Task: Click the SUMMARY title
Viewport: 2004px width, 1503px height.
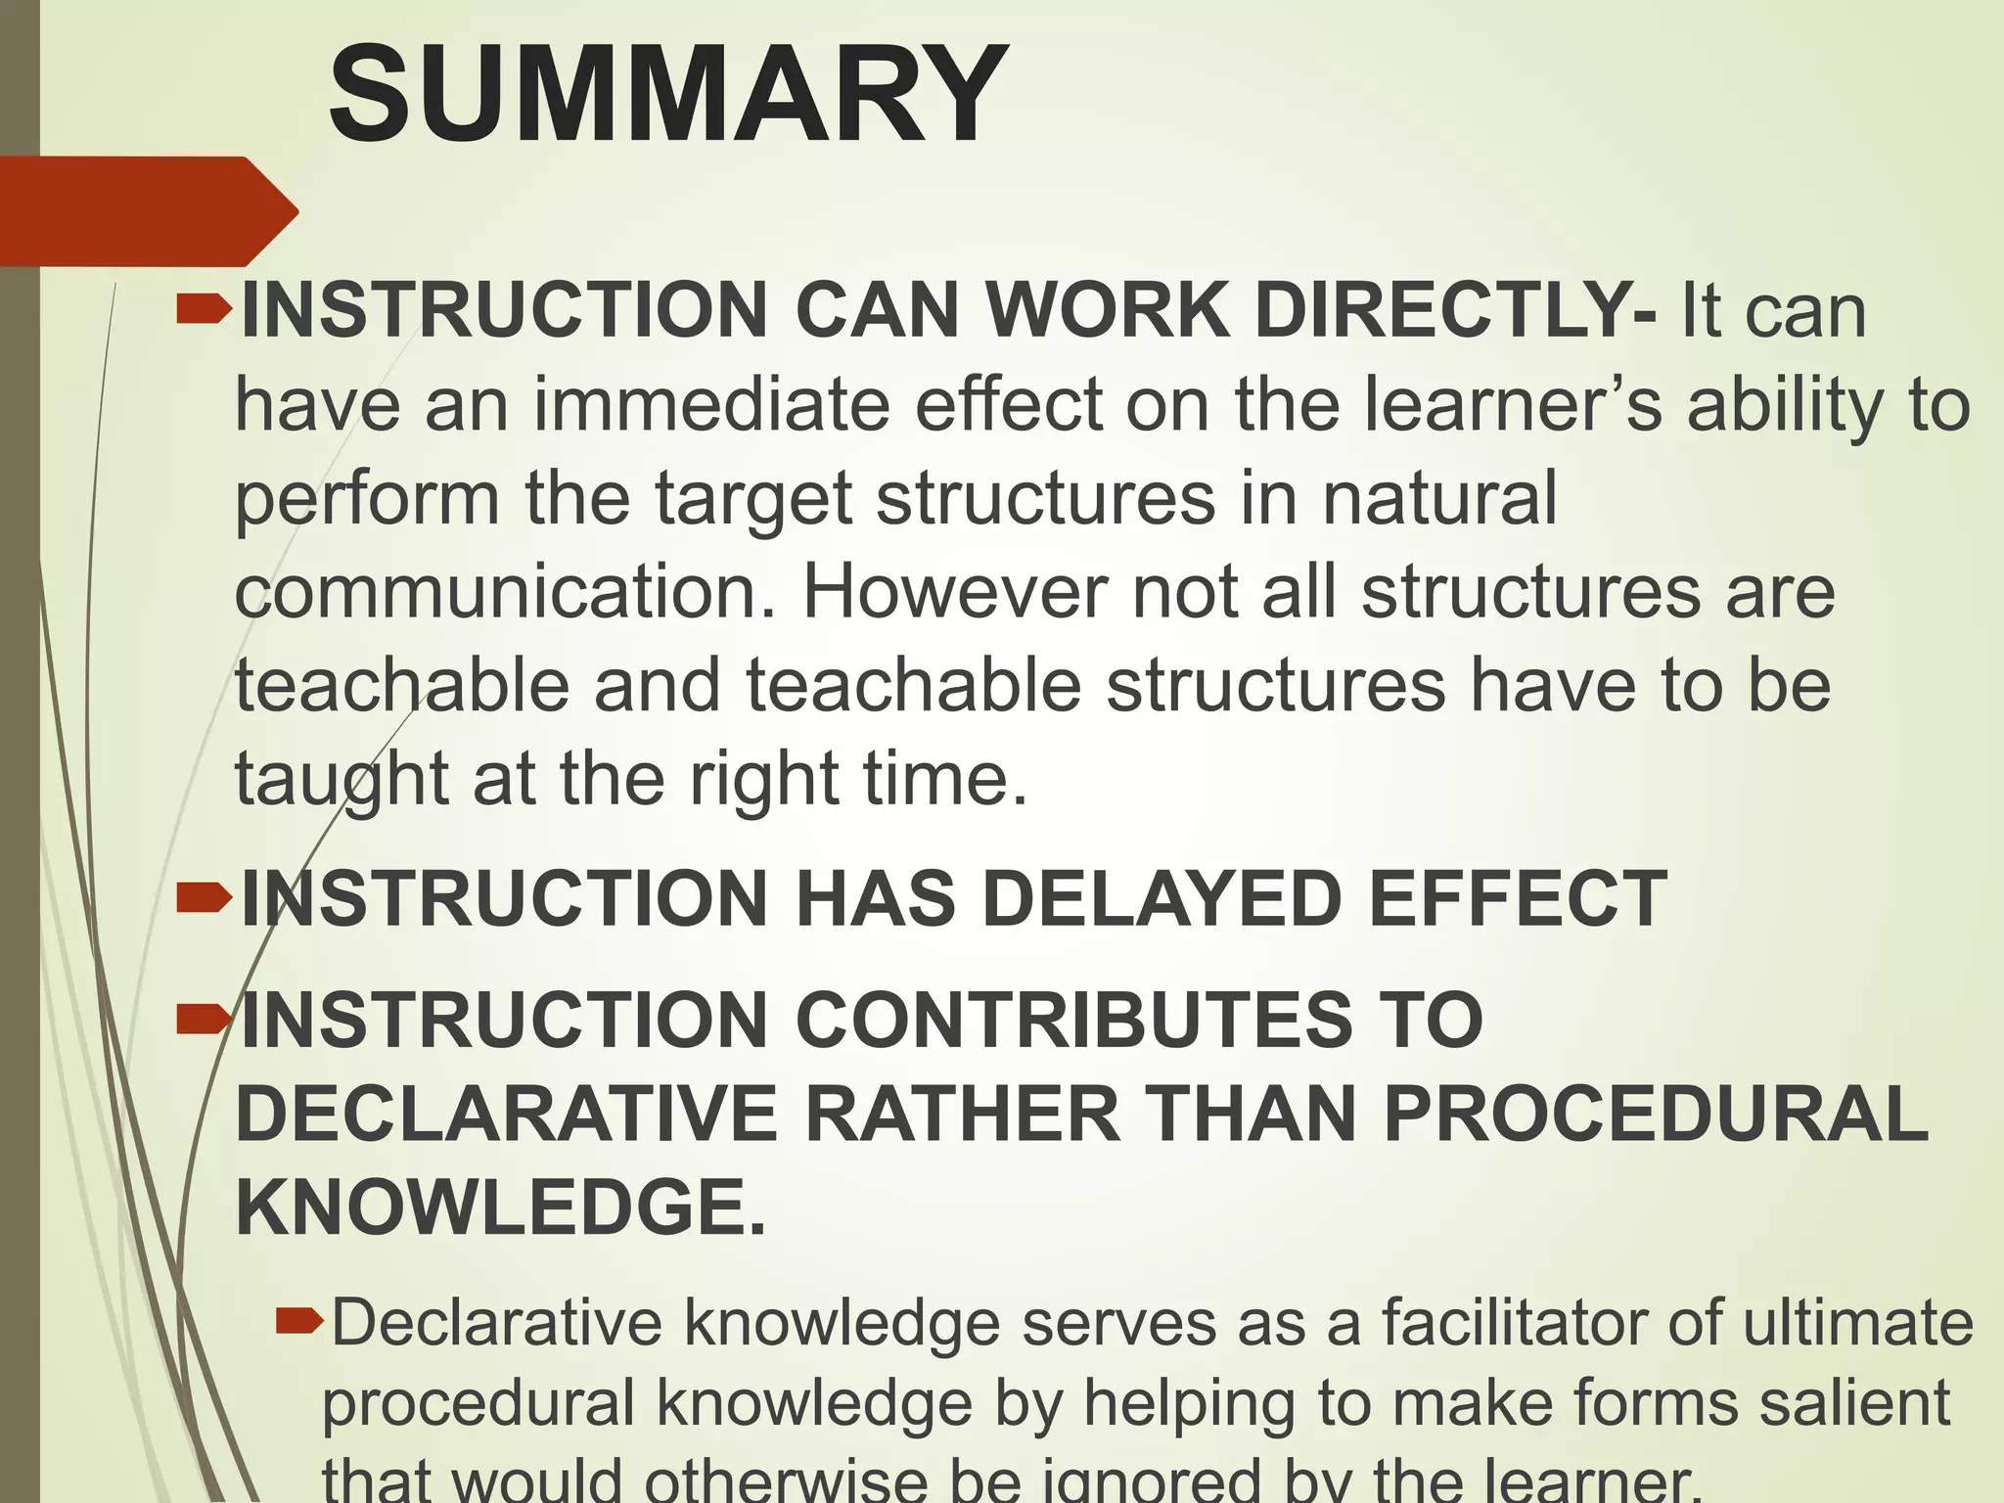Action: (x=668, y=95)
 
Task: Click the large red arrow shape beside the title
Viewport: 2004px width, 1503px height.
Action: (x=147, y=211)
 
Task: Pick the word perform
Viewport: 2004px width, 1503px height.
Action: (x=368, y=499)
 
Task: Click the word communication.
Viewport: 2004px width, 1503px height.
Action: (x=505, y=592)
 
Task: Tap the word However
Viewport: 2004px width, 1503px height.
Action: (x=954, y=592)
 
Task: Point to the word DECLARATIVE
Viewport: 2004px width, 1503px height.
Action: (x=507, y=1114)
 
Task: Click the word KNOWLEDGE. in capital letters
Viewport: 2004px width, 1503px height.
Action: (x=501, y=1207)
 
